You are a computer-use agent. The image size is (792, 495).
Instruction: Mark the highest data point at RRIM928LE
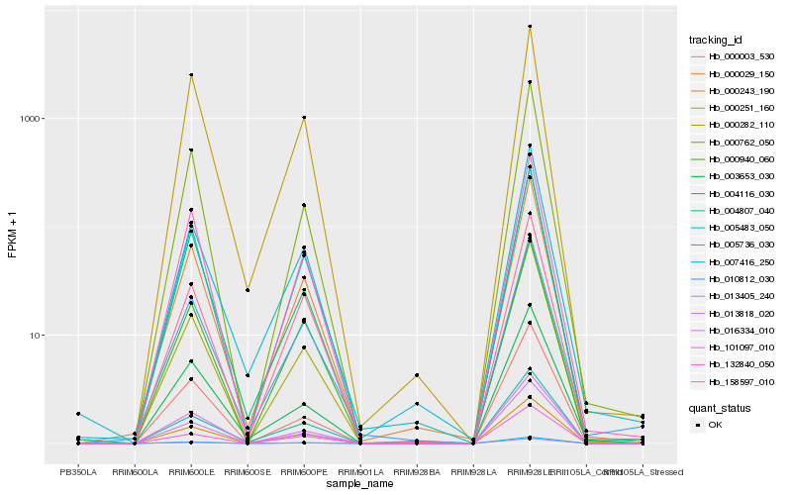click(x=530, y=27)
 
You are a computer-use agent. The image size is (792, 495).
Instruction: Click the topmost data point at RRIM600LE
click(x=191, y=75)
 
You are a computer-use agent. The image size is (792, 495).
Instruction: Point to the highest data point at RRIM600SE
click(x=247, y=290)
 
